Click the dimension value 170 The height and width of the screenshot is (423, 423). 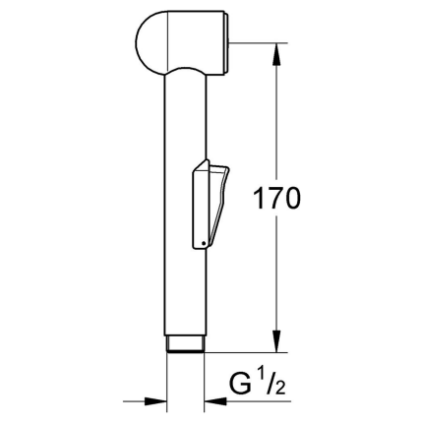[275, 198]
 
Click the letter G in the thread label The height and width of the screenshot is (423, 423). [244, 380]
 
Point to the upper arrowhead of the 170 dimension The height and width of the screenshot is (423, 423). [276, 49]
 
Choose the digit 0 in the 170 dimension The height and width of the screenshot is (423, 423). [294, 198]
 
